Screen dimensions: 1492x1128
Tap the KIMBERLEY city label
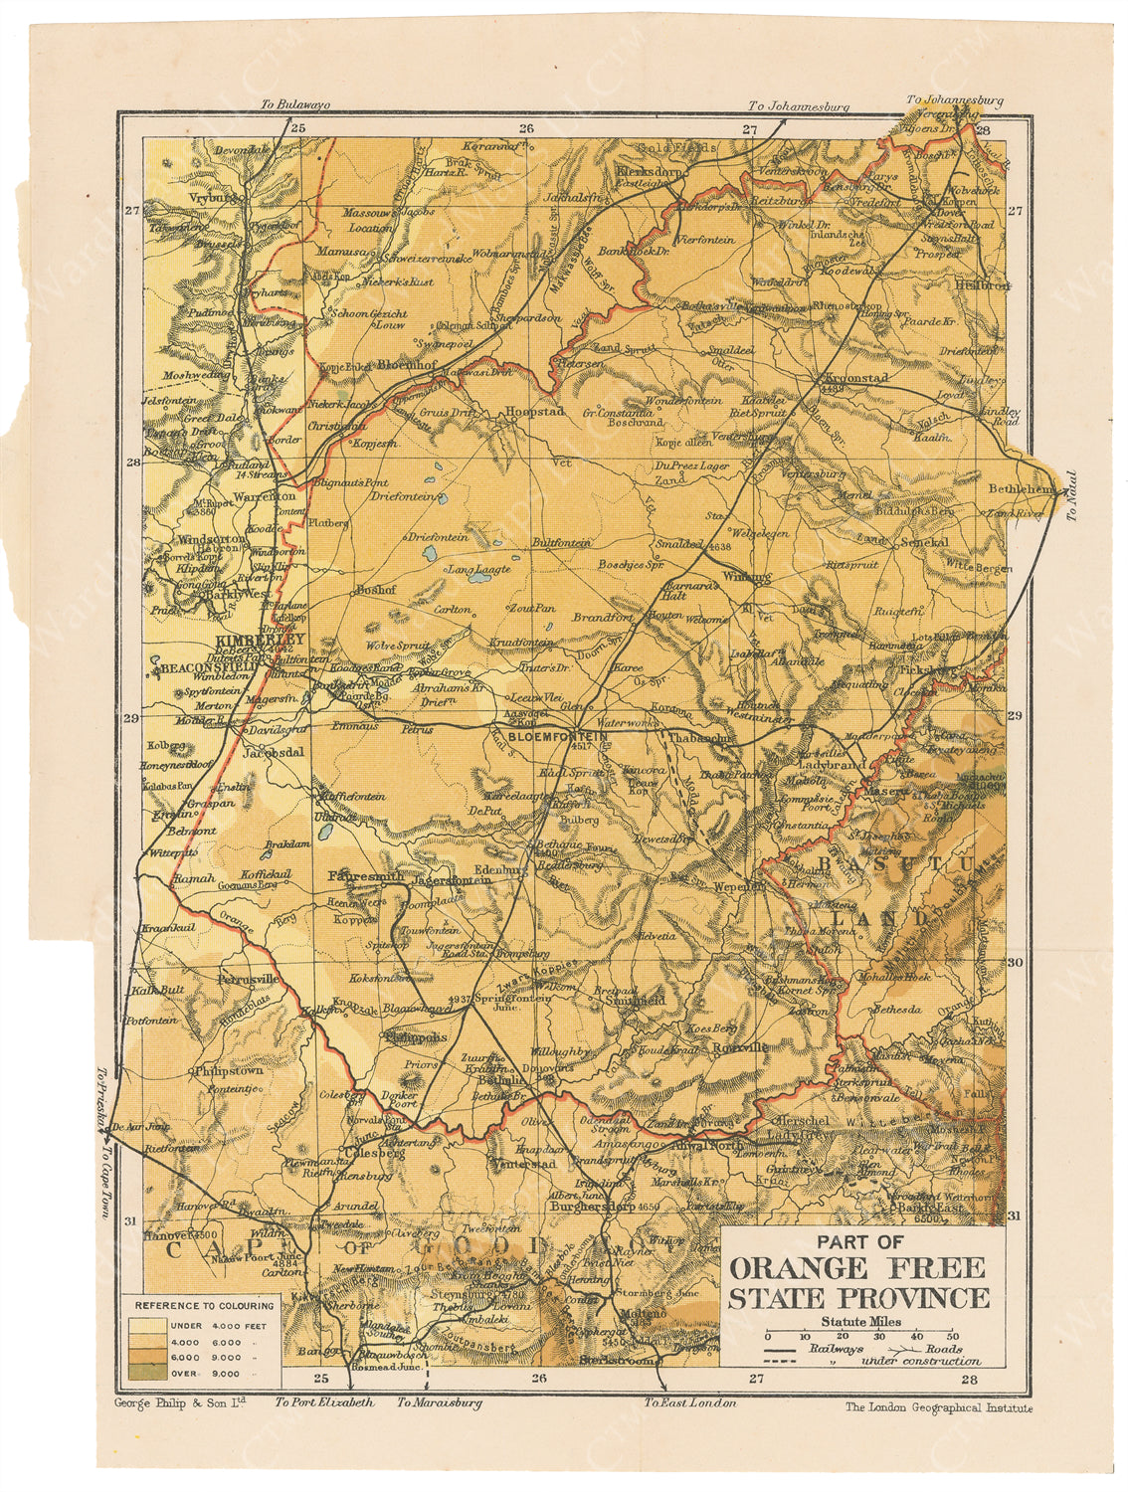(258, 641)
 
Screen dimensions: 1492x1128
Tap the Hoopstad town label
(535, 411)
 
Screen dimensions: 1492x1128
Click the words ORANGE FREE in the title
(856, 1268)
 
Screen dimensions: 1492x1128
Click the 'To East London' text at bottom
(689, 1402)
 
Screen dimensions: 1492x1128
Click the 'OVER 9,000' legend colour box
(142, 1374)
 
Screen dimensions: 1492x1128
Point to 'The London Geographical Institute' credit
(938, 1407)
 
